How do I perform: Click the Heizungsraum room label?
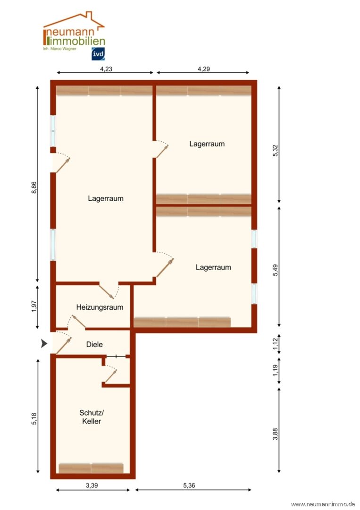[x=100, y=307]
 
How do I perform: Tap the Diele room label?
[x=94, y=344]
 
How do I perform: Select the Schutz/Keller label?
[x=92, y=417]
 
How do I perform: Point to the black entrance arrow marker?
[x=44, y=343]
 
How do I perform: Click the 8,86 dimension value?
[x=34, y=187]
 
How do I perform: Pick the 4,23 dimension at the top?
[x=106, y=69]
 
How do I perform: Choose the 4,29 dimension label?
[x=204, y=69]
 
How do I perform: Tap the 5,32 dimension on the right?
[x=276, y=151]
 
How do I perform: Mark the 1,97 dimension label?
[x=34, y=306]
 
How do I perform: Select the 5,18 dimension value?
[x=34, y=418]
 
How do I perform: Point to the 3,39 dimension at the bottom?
[x=92, y=485]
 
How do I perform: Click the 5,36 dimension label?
[x=189, y=485]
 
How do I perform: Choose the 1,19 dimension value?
[x=276, y=371]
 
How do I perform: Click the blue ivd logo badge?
[x=98, y=54]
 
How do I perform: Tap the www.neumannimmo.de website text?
[x=323, y=504]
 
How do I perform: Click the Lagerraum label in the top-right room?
[x=207, y=144]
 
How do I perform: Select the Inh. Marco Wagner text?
[x=59, y=49]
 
